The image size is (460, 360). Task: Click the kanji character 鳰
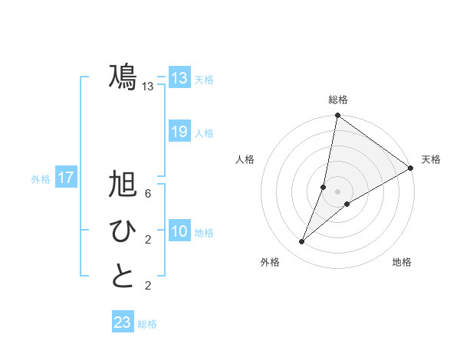point(122,77)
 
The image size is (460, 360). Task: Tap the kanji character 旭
point(122,186)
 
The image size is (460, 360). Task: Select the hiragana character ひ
point(122,231)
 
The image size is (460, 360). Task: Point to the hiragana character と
point(122,277)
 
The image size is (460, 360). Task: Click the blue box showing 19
point(179,132)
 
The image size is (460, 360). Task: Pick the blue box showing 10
point(179,232)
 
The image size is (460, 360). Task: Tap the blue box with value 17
point(66,178)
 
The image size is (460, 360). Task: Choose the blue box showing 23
point(123,322)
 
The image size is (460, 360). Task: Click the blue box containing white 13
point(179,78)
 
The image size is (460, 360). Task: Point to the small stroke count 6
point(148,195)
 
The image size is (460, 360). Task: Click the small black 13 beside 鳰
point(148,87)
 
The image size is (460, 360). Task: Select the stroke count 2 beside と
point(148,286)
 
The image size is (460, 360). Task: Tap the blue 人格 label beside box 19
point(204,133)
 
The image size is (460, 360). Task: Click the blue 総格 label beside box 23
point(147,324)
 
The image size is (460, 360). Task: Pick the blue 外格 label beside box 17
point(41,179)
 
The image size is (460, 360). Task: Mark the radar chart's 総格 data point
point(337,116)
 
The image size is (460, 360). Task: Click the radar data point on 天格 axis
point(410,168)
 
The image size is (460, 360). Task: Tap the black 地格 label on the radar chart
point(402,263)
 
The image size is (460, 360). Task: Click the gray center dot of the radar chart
point(337,191)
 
